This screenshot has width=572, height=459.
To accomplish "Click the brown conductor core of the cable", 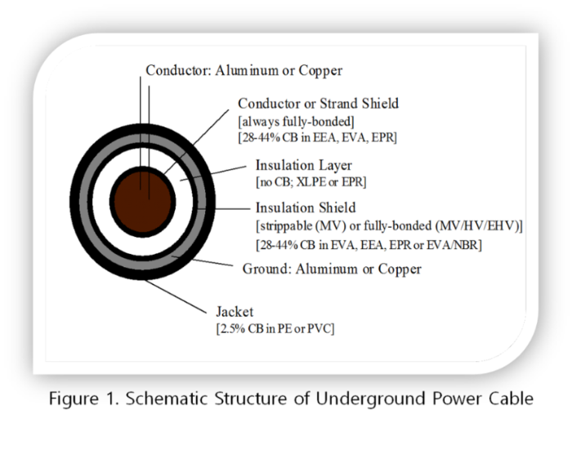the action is click(x=143, y=202).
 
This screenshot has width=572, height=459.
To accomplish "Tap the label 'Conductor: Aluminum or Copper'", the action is click(x=244, y=70).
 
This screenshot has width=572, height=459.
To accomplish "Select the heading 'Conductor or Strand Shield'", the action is click(x=318, y=104).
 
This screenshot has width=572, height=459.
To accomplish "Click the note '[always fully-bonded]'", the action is click(x=296, y=122).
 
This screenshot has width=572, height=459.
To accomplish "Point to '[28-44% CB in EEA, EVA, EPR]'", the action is click(x=317, y=138).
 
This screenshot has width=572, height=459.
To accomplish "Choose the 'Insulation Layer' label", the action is click(x=303, y=165).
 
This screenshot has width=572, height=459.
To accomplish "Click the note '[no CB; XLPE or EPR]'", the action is click(x=311, y=181).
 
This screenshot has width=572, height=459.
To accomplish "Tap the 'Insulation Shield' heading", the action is click(x=306, y=207).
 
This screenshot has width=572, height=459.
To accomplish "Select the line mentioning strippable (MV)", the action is click(x=389, y=226).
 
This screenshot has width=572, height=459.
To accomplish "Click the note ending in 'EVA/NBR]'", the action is click(x=369, y=245).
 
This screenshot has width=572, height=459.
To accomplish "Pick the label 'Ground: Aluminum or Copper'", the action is click(x=332, y=269).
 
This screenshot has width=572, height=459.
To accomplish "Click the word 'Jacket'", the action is click(x=235, y=312).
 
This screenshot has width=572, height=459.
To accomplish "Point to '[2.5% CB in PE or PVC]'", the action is click(x=275, y=328).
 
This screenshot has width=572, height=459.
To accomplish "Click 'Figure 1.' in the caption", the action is click(x=84, y=399).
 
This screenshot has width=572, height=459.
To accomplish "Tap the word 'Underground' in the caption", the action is click(x=371, y=399).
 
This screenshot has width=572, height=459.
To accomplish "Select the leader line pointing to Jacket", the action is click(x=176, y=296).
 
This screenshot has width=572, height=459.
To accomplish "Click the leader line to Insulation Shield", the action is click(x=224, y=209).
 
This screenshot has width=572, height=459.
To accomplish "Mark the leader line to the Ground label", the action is click(x=202, y=261).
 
